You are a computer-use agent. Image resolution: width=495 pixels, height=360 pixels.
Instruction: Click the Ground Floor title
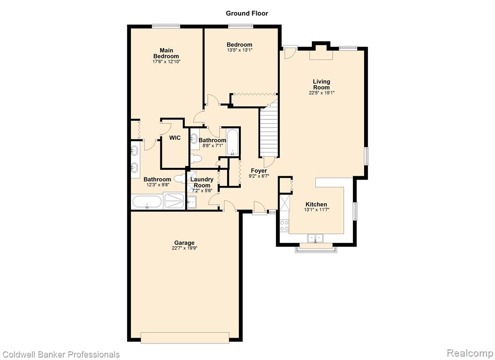[247, 13]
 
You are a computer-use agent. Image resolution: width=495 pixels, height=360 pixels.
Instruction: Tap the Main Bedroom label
[166, 53]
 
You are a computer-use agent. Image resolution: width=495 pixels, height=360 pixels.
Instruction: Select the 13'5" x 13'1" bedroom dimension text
[240, 50]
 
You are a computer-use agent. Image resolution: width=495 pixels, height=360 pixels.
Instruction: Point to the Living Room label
[321, 84]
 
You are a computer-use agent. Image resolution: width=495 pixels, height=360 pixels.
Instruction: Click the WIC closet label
[175, 137]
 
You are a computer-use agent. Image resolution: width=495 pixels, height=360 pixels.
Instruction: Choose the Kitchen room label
[316, 204]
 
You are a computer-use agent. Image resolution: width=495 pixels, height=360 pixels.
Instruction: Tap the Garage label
[184, 243]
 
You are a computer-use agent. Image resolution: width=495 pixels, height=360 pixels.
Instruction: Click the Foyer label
[259, 171]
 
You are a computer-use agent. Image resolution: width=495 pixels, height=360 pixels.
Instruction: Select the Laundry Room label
[202, 182]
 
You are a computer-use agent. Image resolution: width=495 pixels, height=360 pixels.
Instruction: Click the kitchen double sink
[316, 238]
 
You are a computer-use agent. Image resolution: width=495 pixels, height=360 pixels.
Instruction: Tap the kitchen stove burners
[284, 225]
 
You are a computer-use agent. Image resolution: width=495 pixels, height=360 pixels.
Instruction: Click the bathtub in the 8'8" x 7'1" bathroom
[233, 142]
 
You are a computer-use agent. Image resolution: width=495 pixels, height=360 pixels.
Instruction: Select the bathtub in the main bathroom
[147, 202]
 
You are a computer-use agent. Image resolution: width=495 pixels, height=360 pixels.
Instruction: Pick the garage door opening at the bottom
[185, 338]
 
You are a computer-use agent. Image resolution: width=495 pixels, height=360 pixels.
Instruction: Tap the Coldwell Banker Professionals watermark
[61, 354]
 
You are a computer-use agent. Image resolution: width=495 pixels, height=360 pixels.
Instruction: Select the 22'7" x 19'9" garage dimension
[185, 248]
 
